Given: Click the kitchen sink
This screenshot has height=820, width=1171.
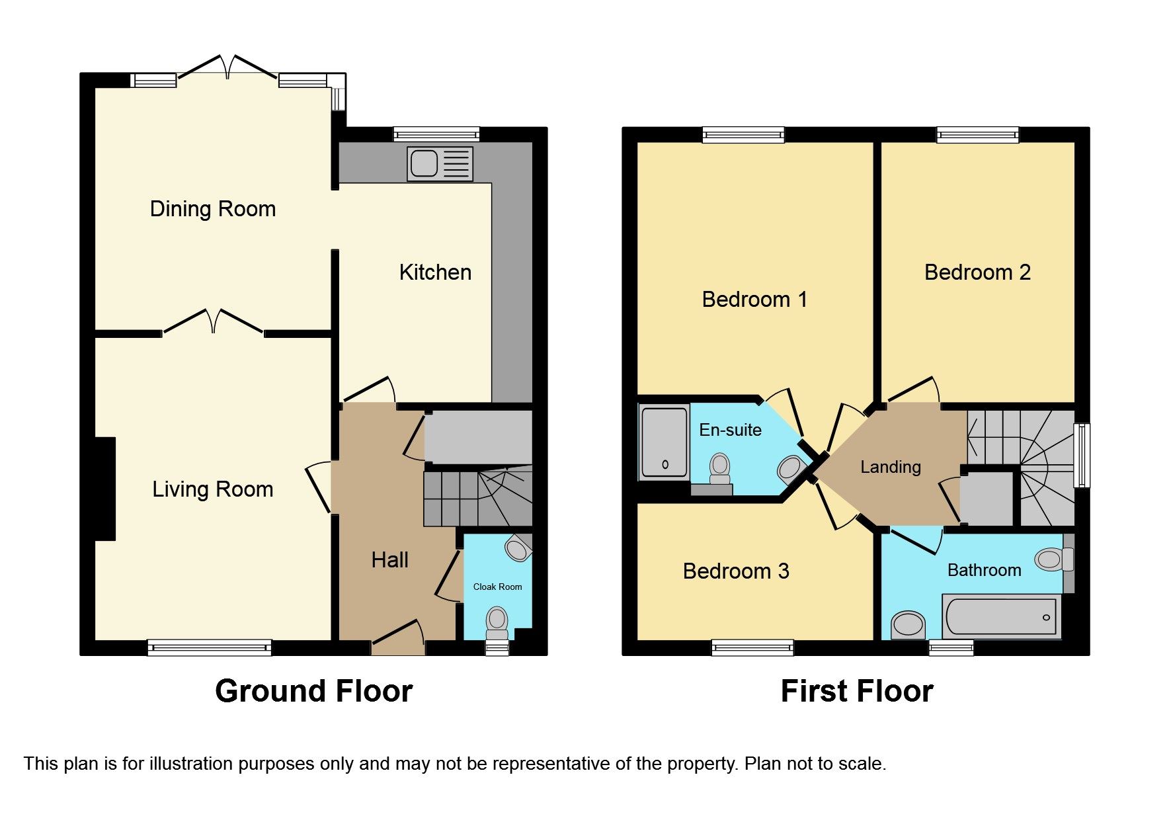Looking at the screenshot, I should coord(440,163).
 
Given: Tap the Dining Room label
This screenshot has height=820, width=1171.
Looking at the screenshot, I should coord(212,209).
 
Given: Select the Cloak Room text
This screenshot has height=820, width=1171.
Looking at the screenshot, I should coord(497,587).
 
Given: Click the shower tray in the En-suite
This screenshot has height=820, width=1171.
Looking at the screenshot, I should coord(664,442).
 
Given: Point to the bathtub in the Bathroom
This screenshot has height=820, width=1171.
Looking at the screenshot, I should coord(1000,616).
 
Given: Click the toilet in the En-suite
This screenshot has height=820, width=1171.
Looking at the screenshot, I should coord(719,470).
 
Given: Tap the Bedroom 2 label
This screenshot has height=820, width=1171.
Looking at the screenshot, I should coord(977,272).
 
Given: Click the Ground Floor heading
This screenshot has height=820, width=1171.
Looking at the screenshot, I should coord(313,691).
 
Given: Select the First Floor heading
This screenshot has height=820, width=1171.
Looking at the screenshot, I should coord(856,691).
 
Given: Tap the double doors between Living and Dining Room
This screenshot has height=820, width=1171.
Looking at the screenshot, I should coord(213,321).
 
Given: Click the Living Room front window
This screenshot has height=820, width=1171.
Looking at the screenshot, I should coord(209,647).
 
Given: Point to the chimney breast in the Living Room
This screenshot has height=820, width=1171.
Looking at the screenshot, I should coord(105,489).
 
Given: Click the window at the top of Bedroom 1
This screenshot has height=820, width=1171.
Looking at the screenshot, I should coord(743,135).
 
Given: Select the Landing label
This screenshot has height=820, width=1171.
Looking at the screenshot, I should coord(890,467).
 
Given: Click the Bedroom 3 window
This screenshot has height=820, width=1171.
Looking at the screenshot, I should coord(752,647).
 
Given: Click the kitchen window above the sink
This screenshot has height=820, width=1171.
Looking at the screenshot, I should coord(436,134).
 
